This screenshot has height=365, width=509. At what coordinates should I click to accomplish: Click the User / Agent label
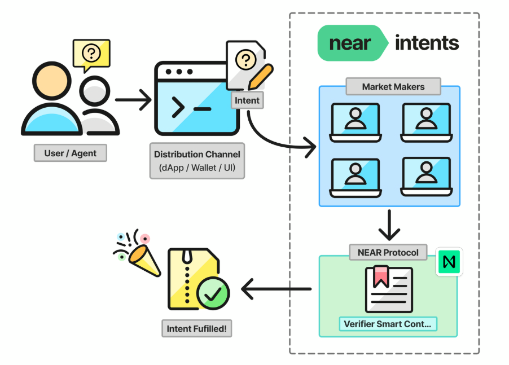71,153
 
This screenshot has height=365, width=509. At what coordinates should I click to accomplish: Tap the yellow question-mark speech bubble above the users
91,55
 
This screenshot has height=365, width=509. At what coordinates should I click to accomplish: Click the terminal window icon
197,99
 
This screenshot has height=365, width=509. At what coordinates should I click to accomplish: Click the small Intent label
247,101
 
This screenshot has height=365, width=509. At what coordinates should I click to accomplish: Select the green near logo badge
351,43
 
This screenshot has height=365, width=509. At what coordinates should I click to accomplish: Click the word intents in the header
427,43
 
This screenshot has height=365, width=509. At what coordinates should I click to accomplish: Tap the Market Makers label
393,87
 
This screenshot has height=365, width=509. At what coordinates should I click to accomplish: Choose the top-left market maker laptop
356,121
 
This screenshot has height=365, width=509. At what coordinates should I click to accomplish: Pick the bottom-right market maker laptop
426,177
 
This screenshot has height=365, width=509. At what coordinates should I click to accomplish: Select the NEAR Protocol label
388,252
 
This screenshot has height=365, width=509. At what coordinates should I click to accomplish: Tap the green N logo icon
449,262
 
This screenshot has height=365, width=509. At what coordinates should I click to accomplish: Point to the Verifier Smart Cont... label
388,324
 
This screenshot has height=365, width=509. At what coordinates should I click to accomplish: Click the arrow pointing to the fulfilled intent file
277,289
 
